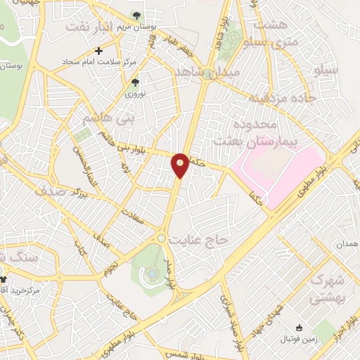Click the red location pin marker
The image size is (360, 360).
pyautogui.click(x=181, y=165)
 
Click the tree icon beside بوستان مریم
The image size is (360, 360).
pyautogui.click(x=136, y=15)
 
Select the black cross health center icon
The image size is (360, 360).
pyautogui.click(x=99, y=51)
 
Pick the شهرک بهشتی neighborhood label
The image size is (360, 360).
pyautogui.click(x=325, y=288)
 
